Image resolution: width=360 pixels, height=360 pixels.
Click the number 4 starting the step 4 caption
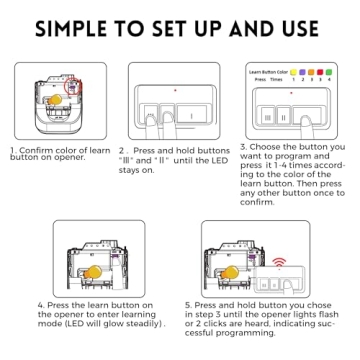pos(40,304)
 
